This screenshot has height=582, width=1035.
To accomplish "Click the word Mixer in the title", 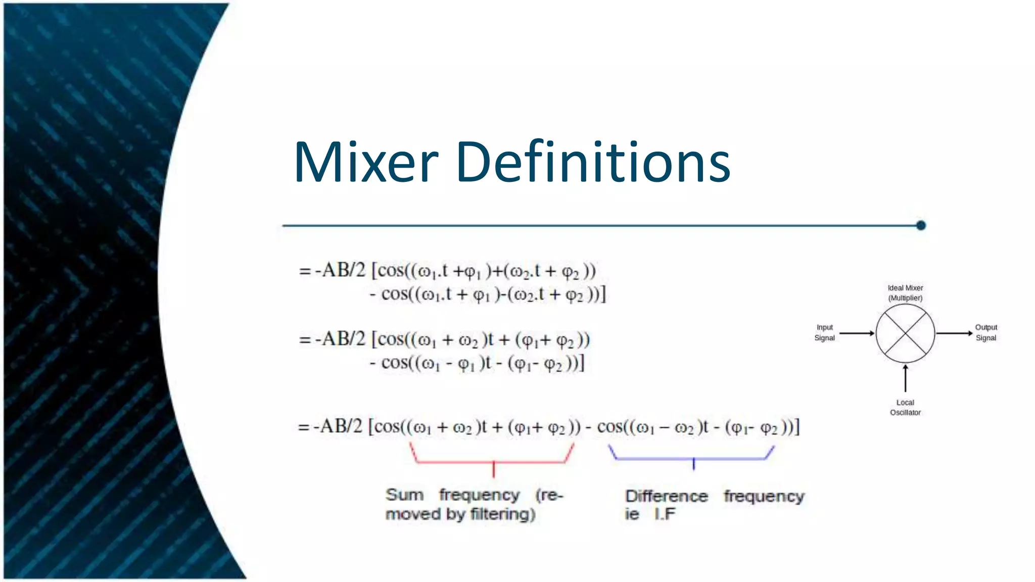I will [x=366, y=163].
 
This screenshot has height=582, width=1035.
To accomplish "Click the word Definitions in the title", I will [x=593, y=163].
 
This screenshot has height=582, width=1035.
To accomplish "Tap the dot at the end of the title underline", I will [x=921, y=225].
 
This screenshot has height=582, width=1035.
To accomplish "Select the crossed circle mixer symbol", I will [x=905, y=333].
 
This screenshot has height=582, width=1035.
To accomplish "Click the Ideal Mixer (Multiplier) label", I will [x=905, y=293].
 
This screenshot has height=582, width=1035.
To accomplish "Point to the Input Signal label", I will [x=824, y=332].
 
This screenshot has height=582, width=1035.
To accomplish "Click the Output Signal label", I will [x=985, y=332].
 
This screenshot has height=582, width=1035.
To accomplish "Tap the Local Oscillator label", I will [x=905, y=407].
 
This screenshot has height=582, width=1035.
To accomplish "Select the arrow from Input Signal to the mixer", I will [x=857, y=333].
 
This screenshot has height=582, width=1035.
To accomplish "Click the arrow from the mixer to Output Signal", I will [x=954, y=333].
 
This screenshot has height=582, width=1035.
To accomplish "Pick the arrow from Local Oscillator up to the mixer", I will [x=905, y=378].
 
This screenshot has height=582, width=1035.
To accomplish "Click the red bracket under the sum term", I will [x=493, y=461].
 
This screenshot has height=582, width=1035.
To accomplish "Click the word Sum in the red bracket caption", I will [x=404, y=495].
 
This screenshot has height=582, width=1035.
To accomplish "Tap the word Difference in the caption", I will [x=666, y=496].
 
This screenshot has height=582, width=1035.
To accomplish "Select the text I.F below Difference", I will [x=664, y=514].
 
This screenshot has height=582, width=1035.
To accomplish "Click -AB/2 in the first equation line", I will [x=340, y=270].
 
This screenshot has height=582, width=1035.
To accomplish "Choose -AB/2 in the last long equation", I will [x=338, y=427].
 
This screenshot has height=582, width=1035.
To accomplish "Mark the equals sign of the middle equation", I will [x=304, y=339].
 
